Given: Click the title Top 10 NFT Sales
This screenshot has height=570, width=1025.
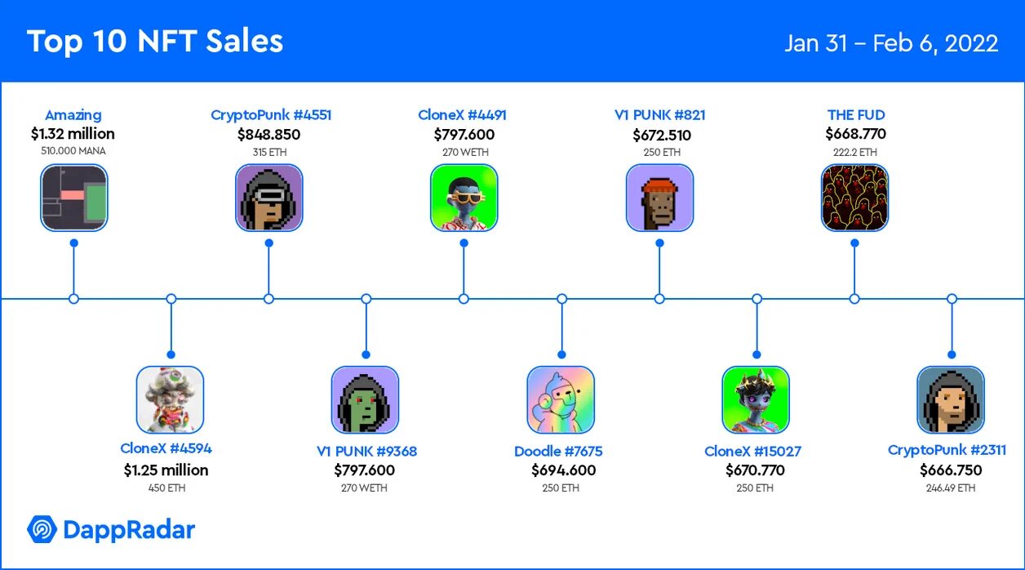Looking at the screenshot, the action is (x=155, y=42).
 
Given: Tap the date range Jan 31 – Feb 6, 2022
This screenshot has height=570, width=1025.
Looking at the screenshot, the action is (x=891, y=43).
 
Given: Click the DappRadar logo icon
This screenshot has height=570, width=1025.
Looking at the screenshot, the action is (x=41, y=530).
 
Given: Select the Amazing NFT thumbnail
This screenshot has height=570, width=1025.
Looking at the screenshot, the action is (x=74, y=198).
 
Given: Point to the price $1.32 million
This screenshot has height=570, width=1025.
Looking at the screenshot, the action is (x=73, y=134).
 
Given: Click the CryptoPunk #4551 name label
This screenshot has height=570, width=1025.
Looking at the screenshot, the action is (x=271, y=115).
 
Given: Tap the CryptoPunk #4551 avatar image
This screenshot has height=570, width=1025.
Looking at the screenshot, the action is (x=269, y=198).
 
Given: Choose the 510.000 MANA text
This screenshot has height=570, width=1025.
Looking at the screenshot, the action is (x=73, y=151).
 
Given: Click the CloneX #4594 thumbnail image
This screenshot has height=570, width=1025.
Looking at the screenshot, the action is (x=170, y=399).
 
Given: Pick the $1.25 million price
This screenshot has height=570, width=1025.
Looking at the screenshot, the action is (x=166, y=470).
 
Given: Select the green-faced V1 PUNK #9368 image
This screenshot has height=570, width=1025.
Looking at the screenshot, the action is (x=365, y=399).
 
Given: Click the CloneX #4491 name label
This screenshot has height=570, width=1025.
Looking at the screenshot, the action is (x=463, y=115).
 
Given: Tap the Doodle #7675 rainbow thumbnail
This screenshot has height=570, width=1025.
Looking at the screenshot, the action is (x=561, y=399).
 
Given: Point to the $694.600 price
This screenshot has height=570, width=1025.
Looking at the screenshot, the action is (x=564, y=470).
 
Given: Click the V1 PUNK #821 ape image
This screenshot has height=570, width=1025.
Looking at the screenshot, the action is (x=659, y=198).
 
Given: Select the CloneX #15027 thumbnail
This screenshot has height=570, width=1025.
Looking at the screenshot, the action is (x=756, y=399).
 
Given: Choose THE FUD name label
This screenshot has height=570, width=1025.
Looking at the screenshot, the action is (x=856, y=115).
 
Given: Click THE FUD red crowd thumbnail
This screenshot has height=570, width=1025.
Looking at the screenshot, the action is (x=854, y=198).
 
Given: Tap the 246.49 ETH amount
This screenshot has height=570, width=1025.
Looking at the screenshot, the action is (x=951, y=488).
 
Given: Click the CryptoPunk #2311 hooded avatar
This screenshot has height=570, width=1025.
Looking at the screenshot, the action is (x=951, y=399).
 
